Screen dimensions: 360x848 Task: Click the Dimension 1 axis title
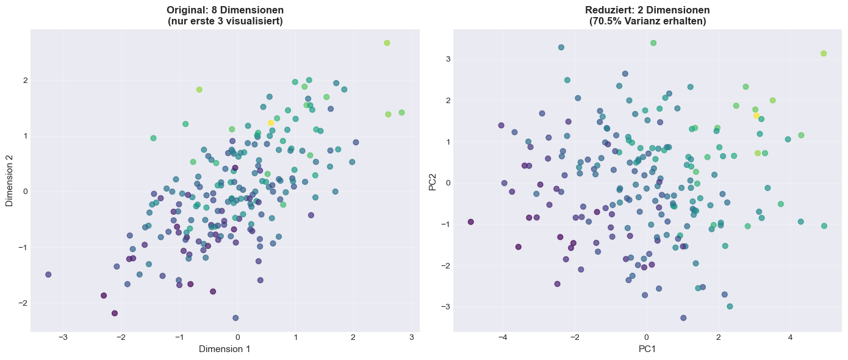(x=225, y=349)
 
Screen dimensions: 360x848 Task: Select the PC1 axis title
(x=647, y=349)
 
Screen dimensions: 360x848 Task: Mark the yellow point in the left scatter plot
(x=271, y=123)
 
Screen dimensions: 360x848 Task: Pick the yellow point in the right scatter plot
(x=756, y=115)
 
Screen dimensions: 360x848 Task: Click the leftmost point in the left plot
(x=48, y=275)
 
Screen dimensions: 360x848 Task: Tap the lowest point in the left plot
(x=235, y=318)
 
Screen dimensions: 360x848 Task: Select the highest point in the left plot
(x=387, y=43)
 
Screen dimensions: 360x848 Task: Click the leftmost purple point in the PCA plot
(x=470, y=221)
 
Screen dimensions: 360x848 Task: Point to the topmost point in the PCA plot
(x=653, y=43)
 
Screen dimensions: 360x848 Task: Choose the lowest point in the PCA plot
(x=683, y=318)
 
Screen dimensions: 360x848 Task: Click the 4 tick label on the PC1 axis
(x=790, y=337)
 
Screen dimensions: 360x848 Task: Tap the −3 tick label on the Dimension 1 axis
(x=63, y=337)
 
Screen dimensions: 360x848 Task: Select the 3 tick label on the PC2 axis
(x=448, y=59)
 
